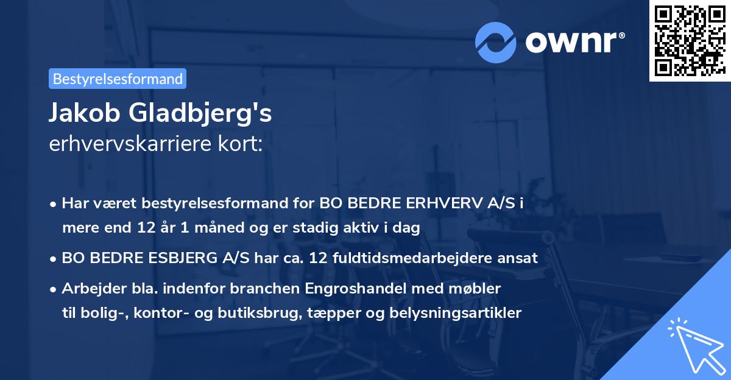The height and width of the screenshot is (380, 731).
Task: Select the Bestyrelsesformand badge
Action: [x=118, y=79]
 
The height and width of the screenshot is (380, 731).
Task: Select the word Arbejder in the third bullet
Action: [x=90, y=288]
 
